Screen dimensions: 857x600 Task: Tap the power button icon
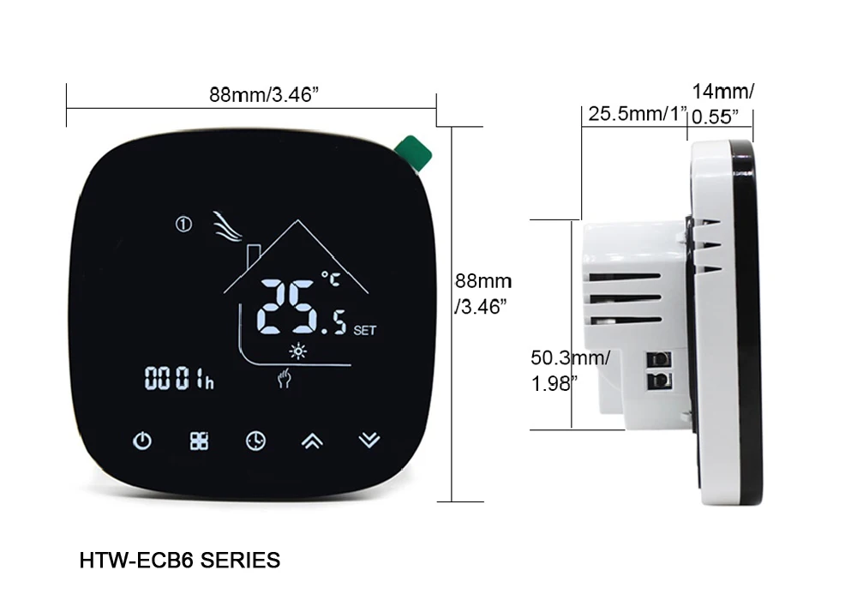click(x=142, y=441)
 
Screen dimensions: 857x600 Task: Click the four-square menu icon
click(x=199, y=441)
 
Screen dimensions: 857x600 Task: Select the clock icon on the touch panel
click(x=255, y=441)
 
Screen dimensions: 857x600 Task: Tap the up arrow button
click(x=312, y=441)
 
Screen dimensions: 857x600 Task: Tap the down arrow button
click(x=369, y=441)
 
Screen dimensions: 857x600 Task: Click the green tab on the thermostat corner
click(x=415, y=153)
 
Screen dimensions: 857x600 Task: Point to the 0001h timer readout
click(x=179, y=378)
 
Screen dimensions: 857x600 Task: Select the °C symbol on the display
click(x=330, y=278)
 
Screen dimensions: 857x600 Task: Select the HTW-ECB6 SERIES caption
click(x=179, y=561)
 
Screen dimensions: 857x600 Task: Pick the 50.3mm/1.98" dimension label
click(x=570, y=369)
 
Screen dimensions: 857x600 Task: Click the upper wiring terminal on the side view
click(x=659, y=357)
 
